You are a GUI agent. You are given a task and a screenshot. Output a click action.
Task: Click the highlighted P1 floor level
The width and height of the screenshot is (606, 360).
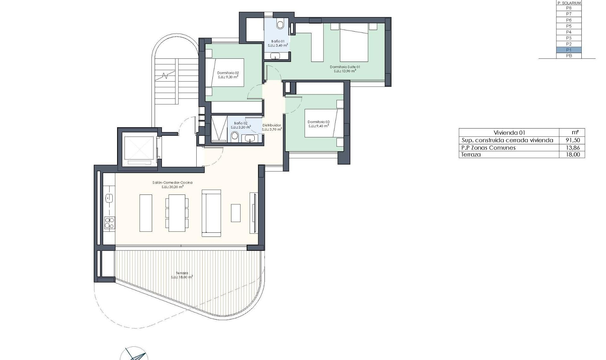[x=569, y=50]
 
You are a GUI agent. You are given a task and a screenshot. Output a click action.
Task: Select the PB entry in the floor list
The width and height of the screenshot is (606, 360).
[x=569, y=56]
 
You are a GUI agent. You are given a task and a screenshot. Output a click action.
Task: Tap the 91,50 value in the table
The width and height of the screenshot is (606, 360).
[x=573, y=140]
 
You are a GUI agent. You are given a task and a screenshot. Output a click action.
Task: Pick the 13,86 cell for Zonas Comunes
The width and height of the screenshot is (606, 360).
[x=573, y=147]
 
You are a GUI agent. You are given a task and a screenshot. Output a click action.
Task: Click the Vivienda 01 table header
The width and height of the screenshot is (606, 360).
[x=509, y=133]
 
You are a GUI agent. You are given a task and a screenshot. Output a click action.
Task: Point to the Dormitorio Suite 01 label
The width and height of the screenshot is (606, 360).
[x=345, y=67]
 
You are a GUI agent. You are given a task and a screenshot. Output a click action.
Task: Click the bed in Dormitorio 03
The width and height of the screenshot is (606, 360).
[x=320, y=123]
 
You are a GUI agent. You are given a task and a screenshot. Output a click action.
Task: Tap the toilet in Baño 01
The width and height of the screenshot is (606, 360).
[x=280, y=24]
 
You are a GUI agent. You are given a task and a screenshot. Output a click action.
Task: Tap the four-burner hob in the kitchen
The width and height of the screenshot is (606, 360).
[x=110, y=223]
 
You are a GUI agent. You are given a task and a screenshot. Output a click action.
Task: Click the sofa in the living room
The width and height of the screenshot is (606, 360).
[x=211, y=213]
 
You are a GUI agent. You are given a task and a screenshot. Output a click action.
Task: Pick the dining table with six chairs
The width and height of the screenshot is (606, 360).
[x=177, y=213]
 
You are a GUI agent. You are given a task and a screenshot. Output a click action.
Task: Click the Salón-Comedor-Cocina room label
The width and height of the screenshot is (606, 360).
[x=172, y=183]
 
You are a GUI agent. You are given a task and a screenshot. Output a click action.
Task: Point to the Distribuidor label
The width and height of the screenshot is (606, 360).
[x=271, y=125]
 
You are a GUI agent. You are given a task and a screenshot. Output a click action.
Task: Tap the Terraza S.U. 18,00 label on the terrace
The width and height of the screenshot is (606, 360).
[x=182, y=275]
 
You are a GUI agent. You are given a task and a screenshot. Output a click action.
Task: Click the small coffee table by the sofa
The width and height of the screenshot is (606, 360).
[x=235, y=213]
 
